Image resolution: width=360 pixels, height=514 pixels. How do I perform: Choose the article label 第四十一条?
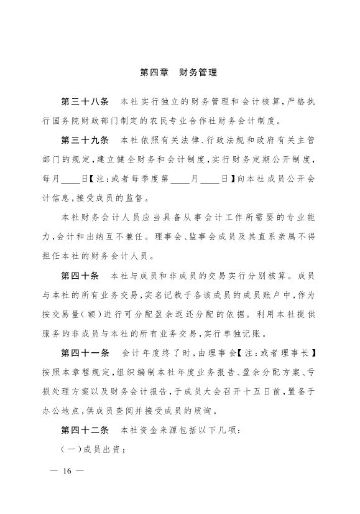click(85, 353)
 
